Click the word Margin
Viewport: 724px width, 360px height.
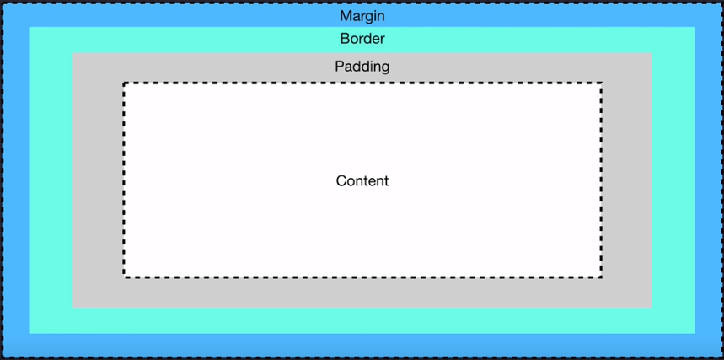point(362,16)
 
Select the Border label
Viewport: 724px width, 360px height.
point(362,39)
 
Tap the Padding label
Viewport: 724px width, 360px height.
point(362,66)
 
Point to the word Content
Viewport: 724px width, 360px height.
point(362,180)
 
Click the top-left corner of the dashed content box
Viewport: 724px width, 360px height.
point(124,83)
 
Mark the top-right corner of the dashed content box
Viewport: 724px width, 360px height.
point(601,83)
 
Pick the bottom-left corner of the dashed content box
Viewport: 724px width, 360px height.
point(124,276)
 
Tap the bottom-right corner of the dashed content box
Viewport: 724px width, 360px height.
point(601,276)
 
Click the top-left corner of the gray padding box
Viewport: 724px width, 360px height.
point(73,54)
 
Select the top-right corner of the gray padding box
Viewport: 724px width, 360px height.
point(652,54)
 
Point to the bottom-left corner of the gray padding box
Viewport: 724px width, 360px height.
point(73,307)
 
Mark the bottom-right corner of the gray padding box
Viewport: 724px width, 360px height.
point(652,307)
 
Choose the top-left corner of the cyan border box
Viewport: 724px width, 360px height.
point(30,27)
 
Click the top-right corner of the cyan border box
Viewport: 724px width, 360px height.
point(695,27)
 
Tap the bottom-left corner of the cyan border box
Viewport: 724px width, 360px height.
point(30,333)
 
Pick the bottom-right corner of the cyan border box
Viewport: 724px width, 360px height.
point(695,333)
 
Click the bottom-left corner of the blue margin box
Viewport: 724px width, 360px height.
point(3,357)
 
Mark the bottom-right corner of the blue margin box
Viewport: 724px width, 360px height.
point(721,357)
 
